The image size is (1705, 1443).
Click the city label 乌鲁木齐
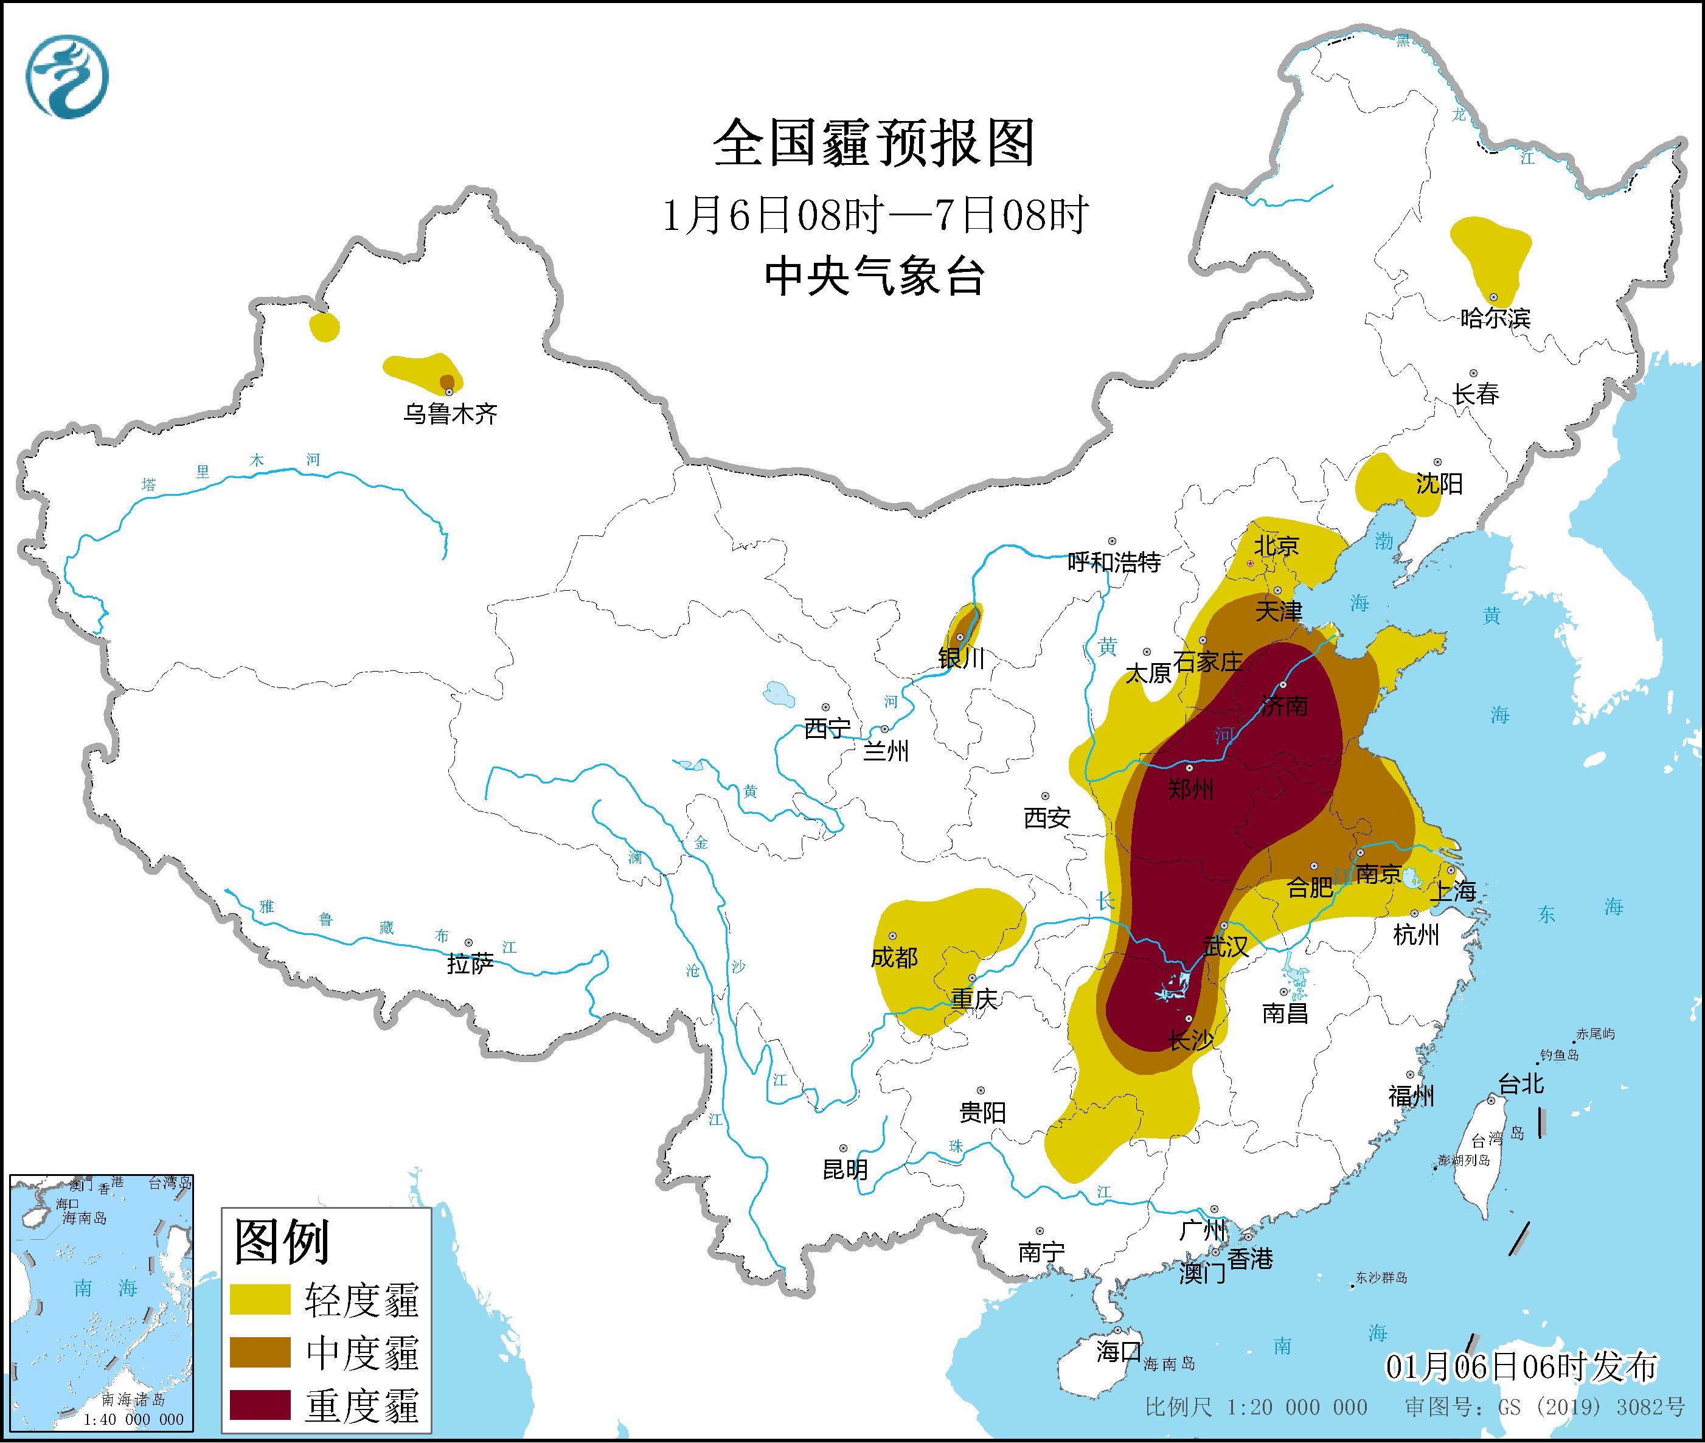[x=450, y=414]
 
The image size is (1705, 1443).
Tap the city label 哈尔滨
[x=1495, y=318]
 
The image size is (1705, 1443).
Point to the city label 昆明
[x=845, y=1170]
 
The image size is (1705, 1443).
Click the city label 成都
[x=894, y=957]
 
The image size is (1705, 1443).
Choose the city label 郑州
[x=1190, y=790]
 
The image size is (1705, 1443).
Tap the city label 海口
[x=1118, y=1351]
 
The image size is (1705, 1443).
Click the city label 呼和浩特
[x=1114, y=562]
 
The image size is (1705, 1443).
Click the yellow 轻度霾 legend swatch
[x=260, y=1299]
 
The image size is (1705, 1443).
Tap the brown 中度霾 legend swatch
[x=260, y=1351]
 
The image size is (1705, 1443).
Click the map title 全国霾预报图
[x=874, y=143]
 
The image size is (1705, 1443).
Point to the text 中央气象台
[x=874, y=276]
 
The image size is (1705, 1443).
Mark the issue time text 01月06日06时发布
[x=1521, y=1366]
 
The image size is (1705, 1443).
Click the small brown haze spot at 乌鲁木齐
[x=447, y=381]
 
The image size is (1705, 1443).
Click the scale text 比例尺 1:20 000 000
[x=1256, y=1407]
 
